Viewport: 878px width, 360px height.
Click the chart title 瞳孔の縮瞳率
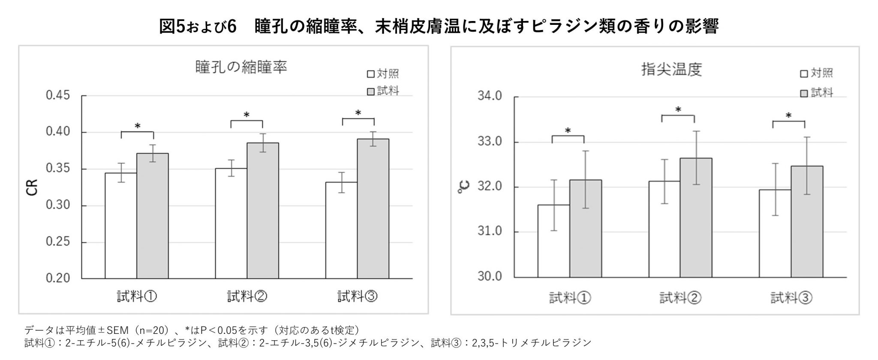click(x=241, y=67)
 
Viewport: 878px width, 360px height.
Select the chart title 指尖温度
click(x=671, y=69)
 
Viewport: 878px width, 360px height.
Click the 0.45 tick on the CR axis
click(x=58, y=95)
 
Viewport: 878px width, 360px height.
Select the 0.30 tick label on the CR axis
click(x=58, y=205)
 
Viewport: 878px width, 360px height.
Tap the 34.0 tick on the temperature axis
click(x=490, y=96)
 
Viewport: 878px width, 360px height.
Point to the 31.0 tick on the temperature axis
click(x=490, y=231)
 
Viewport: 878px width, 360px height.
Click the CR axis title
click(x=33, y=187)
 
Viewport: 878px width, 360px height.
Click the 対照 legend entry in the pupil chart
click(x=383, y=74)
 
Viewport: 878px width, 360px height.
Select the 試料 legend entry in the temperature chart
click(x=817, y=93)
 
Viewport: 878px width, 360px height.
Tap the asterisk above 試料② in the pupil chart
click(x=247, y=115)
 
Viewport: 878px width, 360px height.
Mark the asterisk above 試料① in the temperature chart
click(x=568, y=131)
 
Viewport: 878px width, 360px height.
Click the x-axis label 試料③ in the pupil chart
click(x=357, y=296)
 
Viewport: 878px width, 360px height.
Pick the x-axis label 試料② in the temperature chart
click(x=680, y=297)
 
